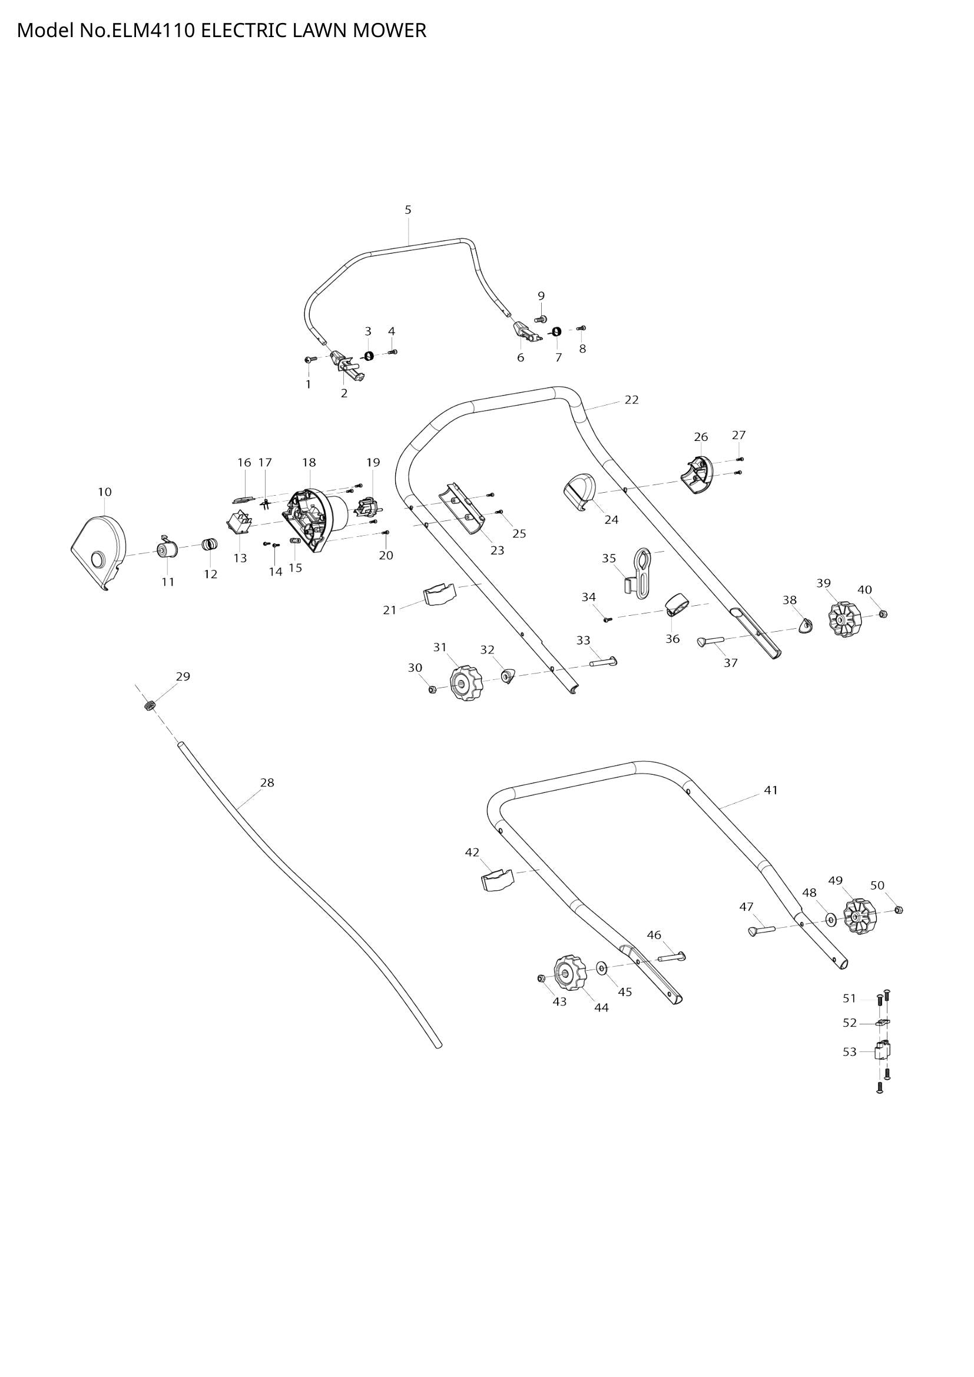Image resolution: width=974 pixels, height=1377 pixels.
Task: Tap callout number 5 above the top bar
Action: tap(408, 210)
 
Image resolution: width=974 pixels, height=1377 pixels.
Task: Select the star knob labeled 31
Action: tap(465, 683)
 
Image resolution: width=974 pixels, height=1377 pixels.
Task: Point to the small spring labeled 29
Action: tap(150, 705)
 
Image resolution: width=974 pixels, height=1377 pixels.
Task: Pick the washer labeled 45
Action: tap(602, 967)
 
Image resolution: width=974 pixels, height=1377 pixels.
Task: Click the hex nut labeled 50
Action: tap(899, 910)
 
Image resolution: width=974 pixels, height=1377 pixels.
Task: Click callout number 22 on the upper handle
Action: tap(631, 399)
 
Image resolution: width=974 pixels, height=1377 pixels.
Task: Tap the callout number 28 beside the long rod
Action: tap(267, 782)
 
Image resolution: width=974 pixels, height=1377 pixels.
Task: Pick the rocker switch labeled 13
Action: tap(238, 522)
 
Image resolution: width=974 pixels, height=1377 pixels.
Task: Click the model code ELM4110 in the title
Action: tap(151, 30)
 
